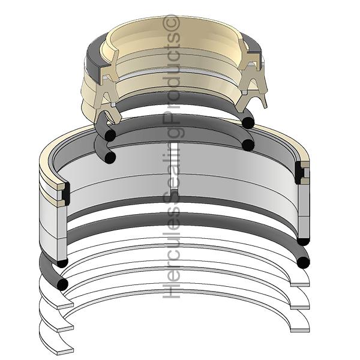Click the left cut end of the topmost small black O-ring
[109, 136]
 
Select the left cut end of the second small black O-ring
[109, 157]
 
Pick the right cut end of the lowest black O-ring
[304, 262]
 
